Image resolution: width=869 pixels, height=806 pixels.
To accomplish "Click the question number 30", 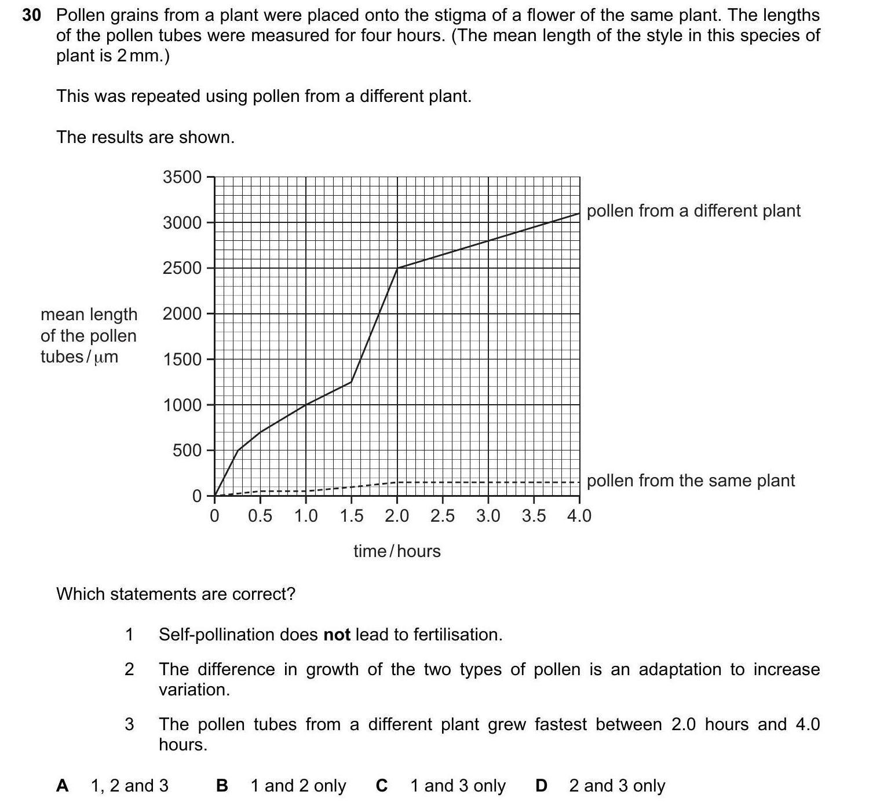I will coord(31,16).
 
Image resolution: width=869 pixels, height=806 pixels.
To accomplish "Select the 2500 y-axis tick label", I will coord(182,268).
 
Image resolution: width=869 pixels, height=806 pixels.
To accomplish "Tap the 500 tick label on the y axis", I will coord(187,450).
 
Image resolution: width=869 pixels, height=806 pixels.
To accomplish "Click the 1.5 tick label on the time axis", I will coord(351,515).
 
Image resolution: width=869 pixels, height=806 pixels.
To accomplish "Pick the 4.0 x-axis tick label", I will coord(579,515).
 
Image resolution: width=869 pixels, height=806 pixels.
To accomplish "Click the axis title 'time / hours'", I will coord(397,551).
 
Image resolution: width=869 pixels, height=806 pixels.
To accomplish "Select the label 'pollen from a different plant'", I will coord(693,211).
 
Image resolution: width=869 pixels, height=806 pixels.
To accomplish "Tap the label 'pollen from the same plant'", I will coord(691,481).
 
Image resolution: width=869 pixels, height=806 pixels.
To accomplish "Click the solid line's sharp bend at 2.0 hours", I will coord(397,268).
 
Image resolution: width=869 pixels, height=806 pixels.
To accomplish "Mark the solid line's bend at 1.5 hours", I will coord(351,382).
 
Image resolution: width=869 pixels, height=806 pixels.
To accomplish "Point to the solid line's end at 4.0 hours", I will coord(579,214).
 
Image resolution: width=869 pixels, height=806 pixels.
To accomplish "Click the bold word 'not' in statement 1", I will coord(337,635).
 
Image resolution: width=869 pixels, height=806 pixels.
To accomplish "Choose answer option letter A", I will coord(63,786).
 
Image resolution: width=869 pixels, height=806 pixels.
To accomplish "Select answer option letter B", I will coord(222,786).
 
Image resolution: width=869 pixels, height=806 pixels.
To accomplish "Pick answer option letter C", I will coord(382,786).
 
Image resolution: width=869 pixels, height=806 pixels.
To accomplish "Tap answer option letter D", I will coord(541,786).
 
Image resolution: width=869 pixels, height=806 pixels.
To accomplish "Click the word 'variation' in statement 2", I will coord(193,690).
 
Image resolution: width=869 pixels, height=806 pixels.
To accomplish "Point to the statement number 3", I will coord(129,724).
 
